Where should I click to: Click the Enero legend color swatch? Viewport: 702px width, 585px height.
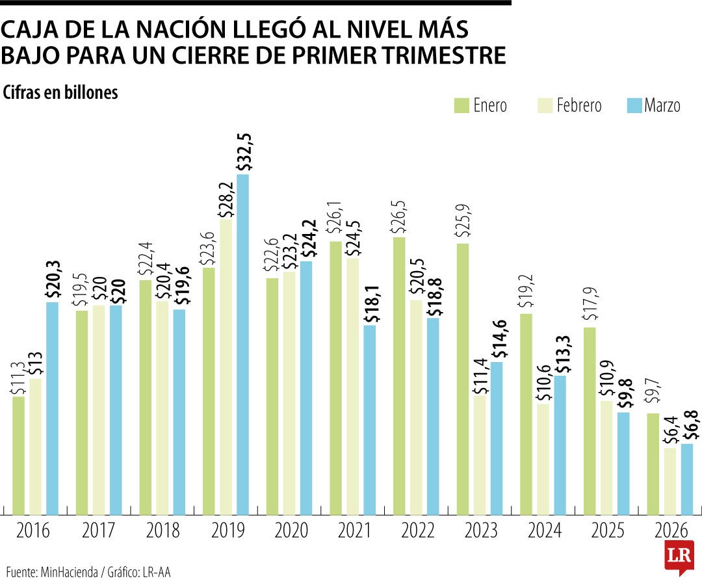[461, 105]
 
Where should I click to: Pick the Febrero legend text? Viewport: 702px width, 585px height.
[578, 105]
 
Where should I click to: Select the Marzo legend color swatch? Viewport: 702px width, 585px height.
[634, 105]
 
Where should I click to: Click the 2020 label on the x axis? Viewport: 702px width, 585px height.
[291, 531]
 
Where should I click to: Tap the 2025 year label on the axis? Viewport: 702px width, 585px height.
[607, 531]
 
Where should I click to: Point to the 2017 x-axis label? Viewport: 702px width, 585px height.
[99, 531]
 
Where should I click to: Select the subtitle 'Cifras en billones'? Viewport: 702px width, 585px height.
[60, 93]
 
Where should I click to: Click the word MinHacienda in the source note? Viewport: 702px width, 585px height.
[68, 572]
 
